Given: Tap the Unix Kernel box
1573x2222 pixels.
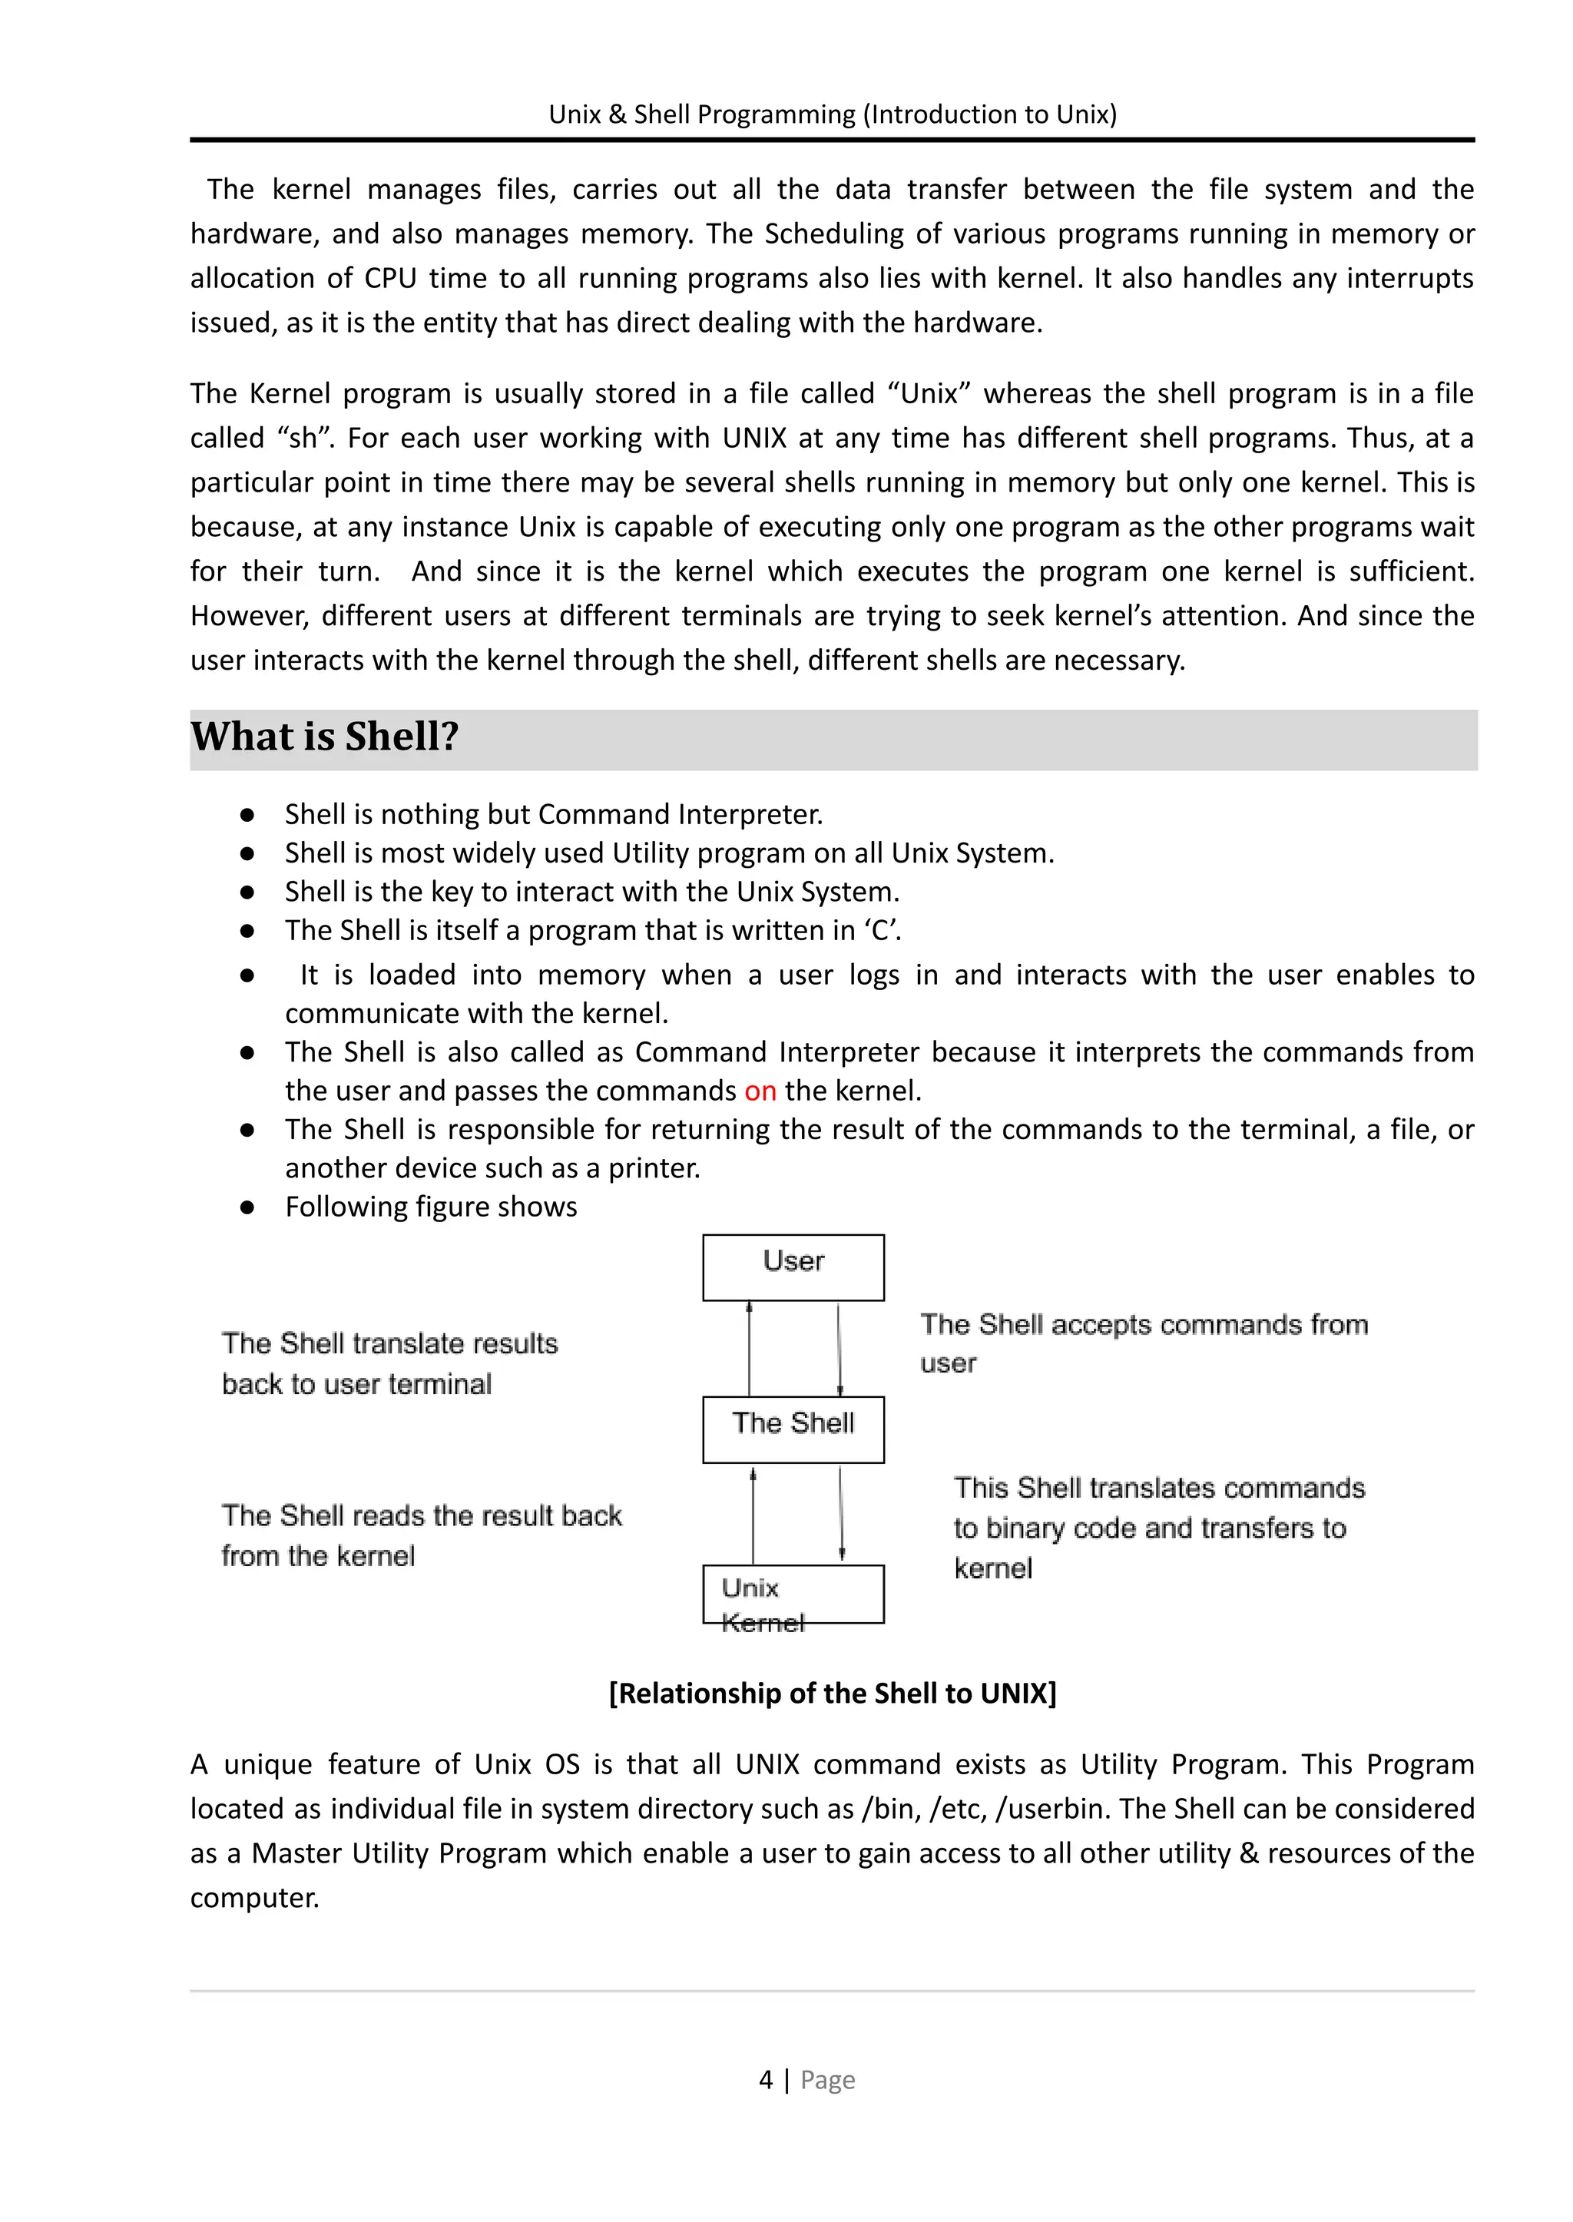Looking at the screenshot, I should [793, 1594].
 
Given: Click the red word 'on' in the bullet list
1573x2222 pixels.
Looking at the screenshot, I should [760, 1091].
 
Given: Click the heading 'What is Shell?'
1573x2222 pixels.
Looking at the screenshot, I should [324, 737].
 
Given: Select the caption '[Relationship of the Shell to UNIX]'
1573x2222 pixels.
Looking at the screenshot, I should [832, 1693].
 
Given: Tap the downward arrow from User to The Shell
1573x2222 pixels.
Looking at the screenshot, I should [839, 1348].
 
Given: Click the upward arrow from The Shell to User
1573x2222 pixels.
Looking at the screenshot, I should [749, 1348].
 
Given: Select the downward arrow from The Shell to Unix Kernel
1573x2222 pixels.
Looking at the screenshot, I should [841, 1513].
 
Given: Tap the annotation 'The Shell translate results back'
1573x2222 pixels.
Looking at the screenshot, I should [389, 1344].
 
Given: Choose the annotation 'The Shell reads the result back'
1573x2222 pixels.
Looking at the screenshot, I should [422, 1516].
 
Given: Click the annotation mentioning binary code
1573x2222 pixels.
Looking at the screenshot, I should [1149, 1528].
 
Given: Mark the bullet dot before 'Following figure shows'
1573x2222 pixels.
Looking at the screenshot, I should [247, 1208].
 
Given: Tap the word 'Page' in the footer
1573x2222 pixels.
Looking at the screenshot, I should [827, 2081].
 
